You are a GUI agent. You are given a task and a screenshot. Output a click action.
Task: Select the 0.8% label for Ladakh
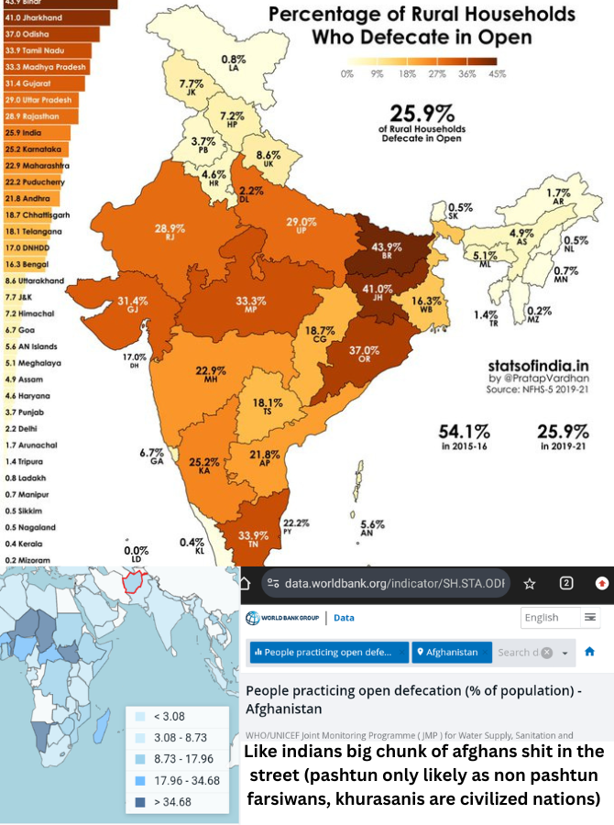[x=233, y=60]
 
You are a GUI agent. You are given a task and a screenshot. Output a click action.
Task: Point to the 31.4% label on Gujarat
[x=133, y=301]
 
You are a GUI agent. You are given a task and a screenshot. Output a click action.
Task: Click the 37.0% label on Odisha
[x=363, y=350]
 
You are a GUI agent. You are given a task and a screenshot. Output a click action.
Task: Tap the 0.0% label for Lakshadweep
[x=136, y=551]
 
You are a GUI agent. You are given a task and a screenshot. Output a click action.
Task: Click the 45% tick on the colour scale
[x=497, y=73]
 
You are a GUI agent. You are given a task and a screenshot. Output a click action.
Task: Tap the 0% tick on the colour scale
[x=347, y=73]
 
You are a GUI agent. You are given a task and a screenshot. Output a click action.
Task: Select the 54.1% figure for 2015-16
[x=465, y=431]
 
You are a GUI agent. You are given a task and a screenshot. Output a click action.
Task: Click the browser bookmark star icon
[x=530, y=584]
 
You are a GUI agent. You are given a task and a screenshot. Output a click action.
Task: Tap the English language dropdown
[x=560, y=617]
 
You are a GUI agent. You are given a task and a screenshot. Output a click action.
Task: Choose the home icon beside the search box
[x=589, y=652]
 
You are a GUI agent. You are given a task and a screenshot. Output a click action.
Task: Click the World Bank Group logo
[x=282, y=618]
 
